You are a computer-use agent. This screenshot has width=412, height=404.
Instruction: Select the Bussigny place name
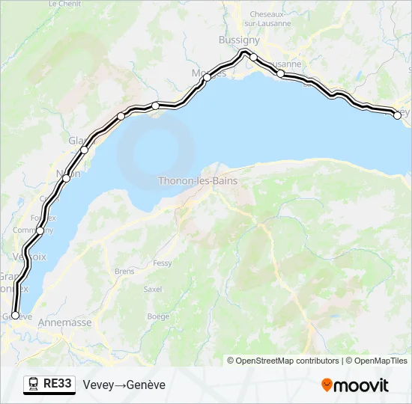click(239, 40)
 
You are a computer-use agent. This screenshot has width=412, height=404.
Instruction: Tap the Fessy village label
click(162, 263)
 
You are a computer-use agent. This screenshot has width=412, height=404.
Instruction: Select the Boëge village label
click(158, 316)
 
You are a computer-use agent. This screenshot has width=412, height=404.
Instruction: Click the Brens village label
click(124, 272)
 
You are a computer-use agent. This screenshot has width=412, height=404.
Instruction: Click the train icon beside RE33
click(34, 385)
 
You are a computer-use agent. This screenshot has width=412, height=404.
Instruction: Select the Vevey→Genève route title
click(124, 385)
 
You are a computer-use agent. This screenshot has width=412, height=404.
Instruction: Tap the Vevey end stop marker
click(398, 114)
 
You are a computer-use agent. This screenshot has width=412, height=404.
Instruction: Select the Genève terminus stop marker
click(15, 316)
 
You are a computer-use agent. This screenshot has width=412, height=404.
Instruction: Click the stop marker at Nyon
click(67, 178)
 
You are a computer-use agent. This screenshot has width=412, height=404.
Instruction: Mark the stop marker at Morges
click(207, 77)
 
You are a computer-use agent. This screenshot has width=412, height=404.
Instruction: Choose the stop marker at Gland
click(84, 150)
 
